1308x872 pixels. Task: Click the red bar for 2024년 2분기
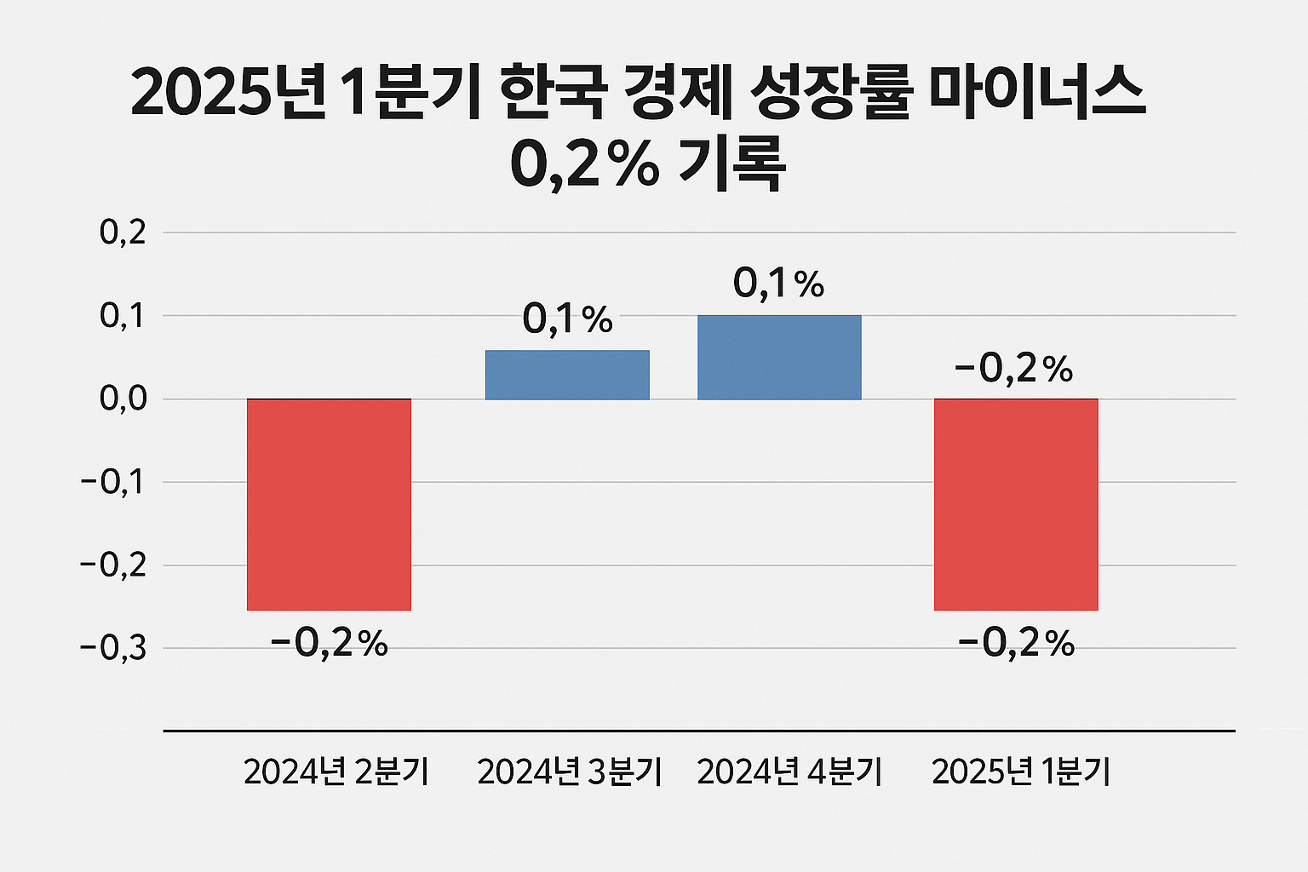pyautogui.click(x=329, y=504)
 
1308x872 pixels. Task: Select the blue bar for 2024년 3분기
pyautogui.click(x=567, y=375)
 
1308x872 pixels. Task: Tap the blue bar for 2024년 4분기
pyautogui.click(x=779, y=358)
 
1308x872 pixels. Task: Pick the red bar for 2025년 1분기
pyautogui.click(x=1016, y=504)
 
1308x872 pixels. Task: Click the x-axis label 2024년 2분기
pyautogui.click(x=336, y=772)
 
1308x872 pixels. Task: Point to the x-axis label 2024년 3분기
pyautogui.click(x=570, y=772)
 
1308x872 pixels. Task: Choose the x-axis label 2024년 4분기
pyautogui.click(x=789, y=772)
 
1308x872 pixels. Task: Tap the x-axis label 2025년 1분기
pyautogui.click(x=1021, y=772)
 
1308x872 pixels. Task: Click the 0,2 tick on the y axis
pyautogui.click(x=123, y=232)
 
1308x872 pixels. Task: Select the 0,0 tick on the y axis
pyautogui.click(x=123, y=399)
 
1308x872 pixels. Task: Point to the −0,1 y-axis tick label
pyautogui.click(x=112, y=482)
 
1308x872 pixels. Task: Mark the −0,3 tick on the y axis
pyautogui.click(x=112, y=648)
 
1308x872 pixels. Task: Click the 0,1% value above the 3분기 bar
pyautogui.click(x=568, y=320)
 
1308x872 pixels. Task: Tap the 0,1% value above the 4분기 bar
pyautogui.click(x=778, y=284)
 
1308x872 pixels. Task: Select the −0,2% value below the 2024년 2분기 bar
pyautogui.click(x=330, y=645)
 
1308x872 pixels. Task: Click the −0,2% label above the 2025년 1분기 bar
pyautogui.click(x=1014, y=370)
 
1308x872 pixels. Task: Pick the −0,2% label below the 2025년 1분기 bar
pyautogui.click(x=1017, y=645)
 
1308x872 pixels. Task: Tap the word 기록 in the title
pyautogui.click(x=731, y=165)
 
